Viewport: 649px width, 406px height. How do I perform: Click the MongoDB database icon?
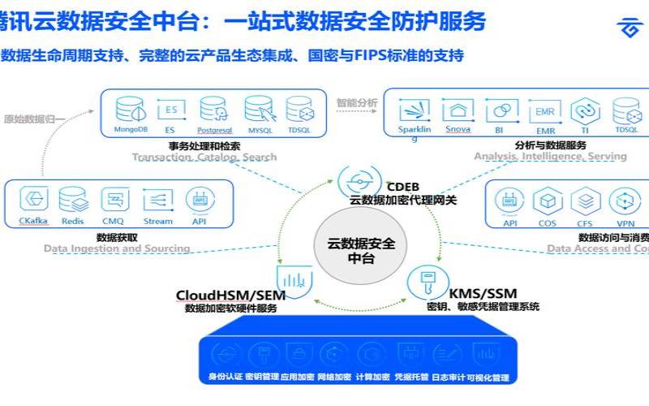129,108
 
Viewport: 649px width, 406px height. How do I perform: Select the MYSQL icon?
257,108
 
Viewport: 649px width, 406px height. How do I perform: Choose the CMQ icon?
114,199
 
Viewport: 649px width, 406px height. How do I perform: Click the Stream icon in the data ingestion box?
157,199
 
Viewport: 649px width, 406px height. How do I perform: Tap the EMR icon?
544,110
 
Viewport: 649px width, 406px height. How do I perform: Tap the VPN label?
625,222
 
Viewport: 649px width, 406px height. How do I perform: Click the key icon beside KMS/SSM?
422,281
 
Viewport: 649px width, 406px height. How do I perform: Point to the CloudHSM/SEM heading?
225,294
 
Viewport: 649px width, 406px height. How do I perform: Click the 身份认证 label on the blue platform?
224,378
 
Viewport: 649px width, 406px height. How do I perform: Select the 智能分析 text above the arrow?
357,102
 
